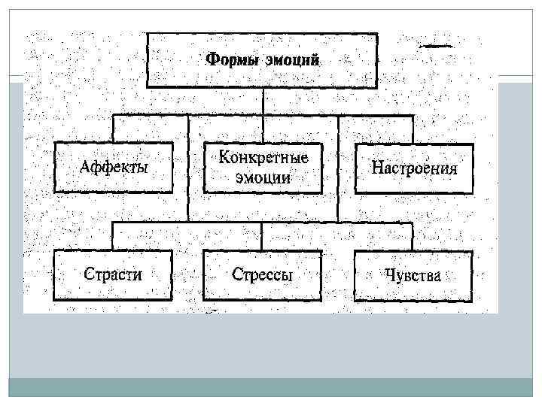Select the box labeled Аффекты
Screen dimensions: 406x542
(113, 166)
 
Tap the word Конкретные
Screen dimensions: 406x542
(263, 158)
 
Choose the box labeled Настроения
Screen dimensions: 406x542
(414, 166)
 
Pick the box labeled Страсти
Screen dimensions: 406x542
(113, 275)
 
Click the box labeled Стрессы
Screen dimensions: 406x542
(263, 275)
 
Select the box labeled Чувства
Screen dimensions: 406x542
(413, 275)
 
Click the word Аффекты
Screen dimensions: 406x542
(114, 167)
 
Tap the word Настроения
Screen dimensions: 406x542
(414, 167)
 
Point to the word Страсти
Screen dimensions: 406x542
(113, 275)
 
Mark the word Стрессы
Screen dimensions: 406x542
(263, 275)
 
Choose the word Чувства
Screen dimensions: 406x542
(413, 275)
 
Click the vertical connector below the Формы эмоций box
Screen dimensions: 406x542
(263, 101)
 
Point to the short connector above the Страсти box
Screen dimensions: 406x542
(113, 236)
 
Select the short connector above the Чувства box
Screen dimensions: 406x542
(413, 236)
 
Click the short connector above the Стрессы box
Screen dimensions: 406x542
(263, 236)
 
